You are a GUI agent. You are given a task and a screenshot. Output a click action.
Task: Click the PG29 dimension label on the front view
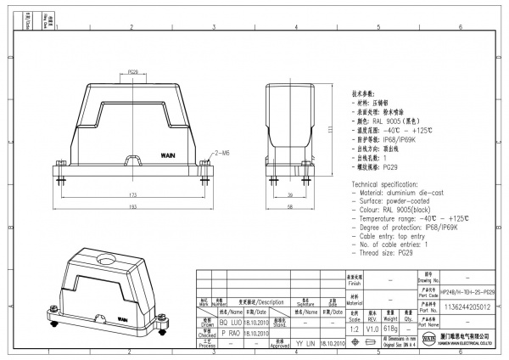(133, 72)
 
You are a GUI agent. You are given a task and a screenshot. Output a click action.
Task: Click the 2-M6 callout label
(225, 155)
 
